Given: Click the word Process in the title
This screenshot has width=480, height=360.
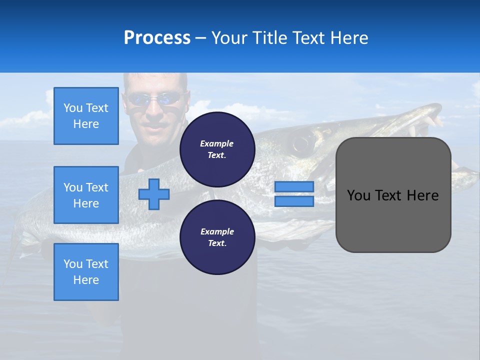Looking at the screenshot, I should click(157, 38).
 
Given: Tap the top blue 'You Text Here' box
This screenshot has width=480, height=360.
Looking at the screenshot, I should click(86, 116).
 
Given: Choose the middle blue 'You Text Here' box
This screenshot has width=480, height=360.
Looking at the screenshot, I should click(86, 195).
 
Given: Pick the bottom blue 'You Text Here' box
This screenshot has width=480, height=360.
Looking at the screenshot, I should click(86, 272).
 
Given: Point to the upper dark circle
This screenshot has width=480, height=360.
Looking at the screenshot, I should click(217, 149).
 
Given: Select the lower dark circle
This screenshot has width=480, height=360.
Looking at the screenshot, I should click(217, 237).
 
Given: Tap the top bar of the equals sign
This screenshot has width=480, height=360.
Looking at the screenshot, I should click(294, 186).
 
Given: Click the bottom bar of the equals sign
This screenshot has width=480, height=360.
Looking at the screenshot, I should click(294, 201).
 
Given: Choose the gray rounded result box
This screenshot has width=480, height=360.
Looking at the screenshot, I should click(393, 220).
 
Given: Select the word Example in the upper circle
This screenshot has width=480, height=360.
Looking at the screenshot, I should click(217, 143).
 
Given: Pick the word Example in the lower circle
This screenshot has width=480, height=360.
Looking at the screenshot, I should click(217, 231).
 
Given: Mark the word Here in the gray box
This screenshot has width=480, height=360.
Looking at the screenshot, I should click(423, 195).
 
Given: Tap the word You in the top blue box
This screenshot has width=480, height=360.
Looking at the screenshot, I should click(73, 108).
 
